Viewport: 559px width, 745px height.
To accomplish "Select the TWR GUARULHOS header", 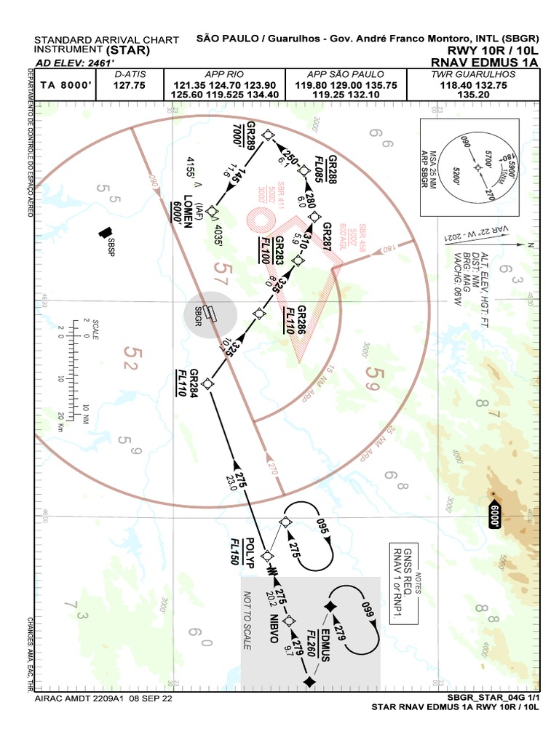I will tap(472, 74).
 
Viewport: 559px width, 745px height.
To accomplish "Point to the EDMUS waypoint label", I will tap(324, 645).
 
